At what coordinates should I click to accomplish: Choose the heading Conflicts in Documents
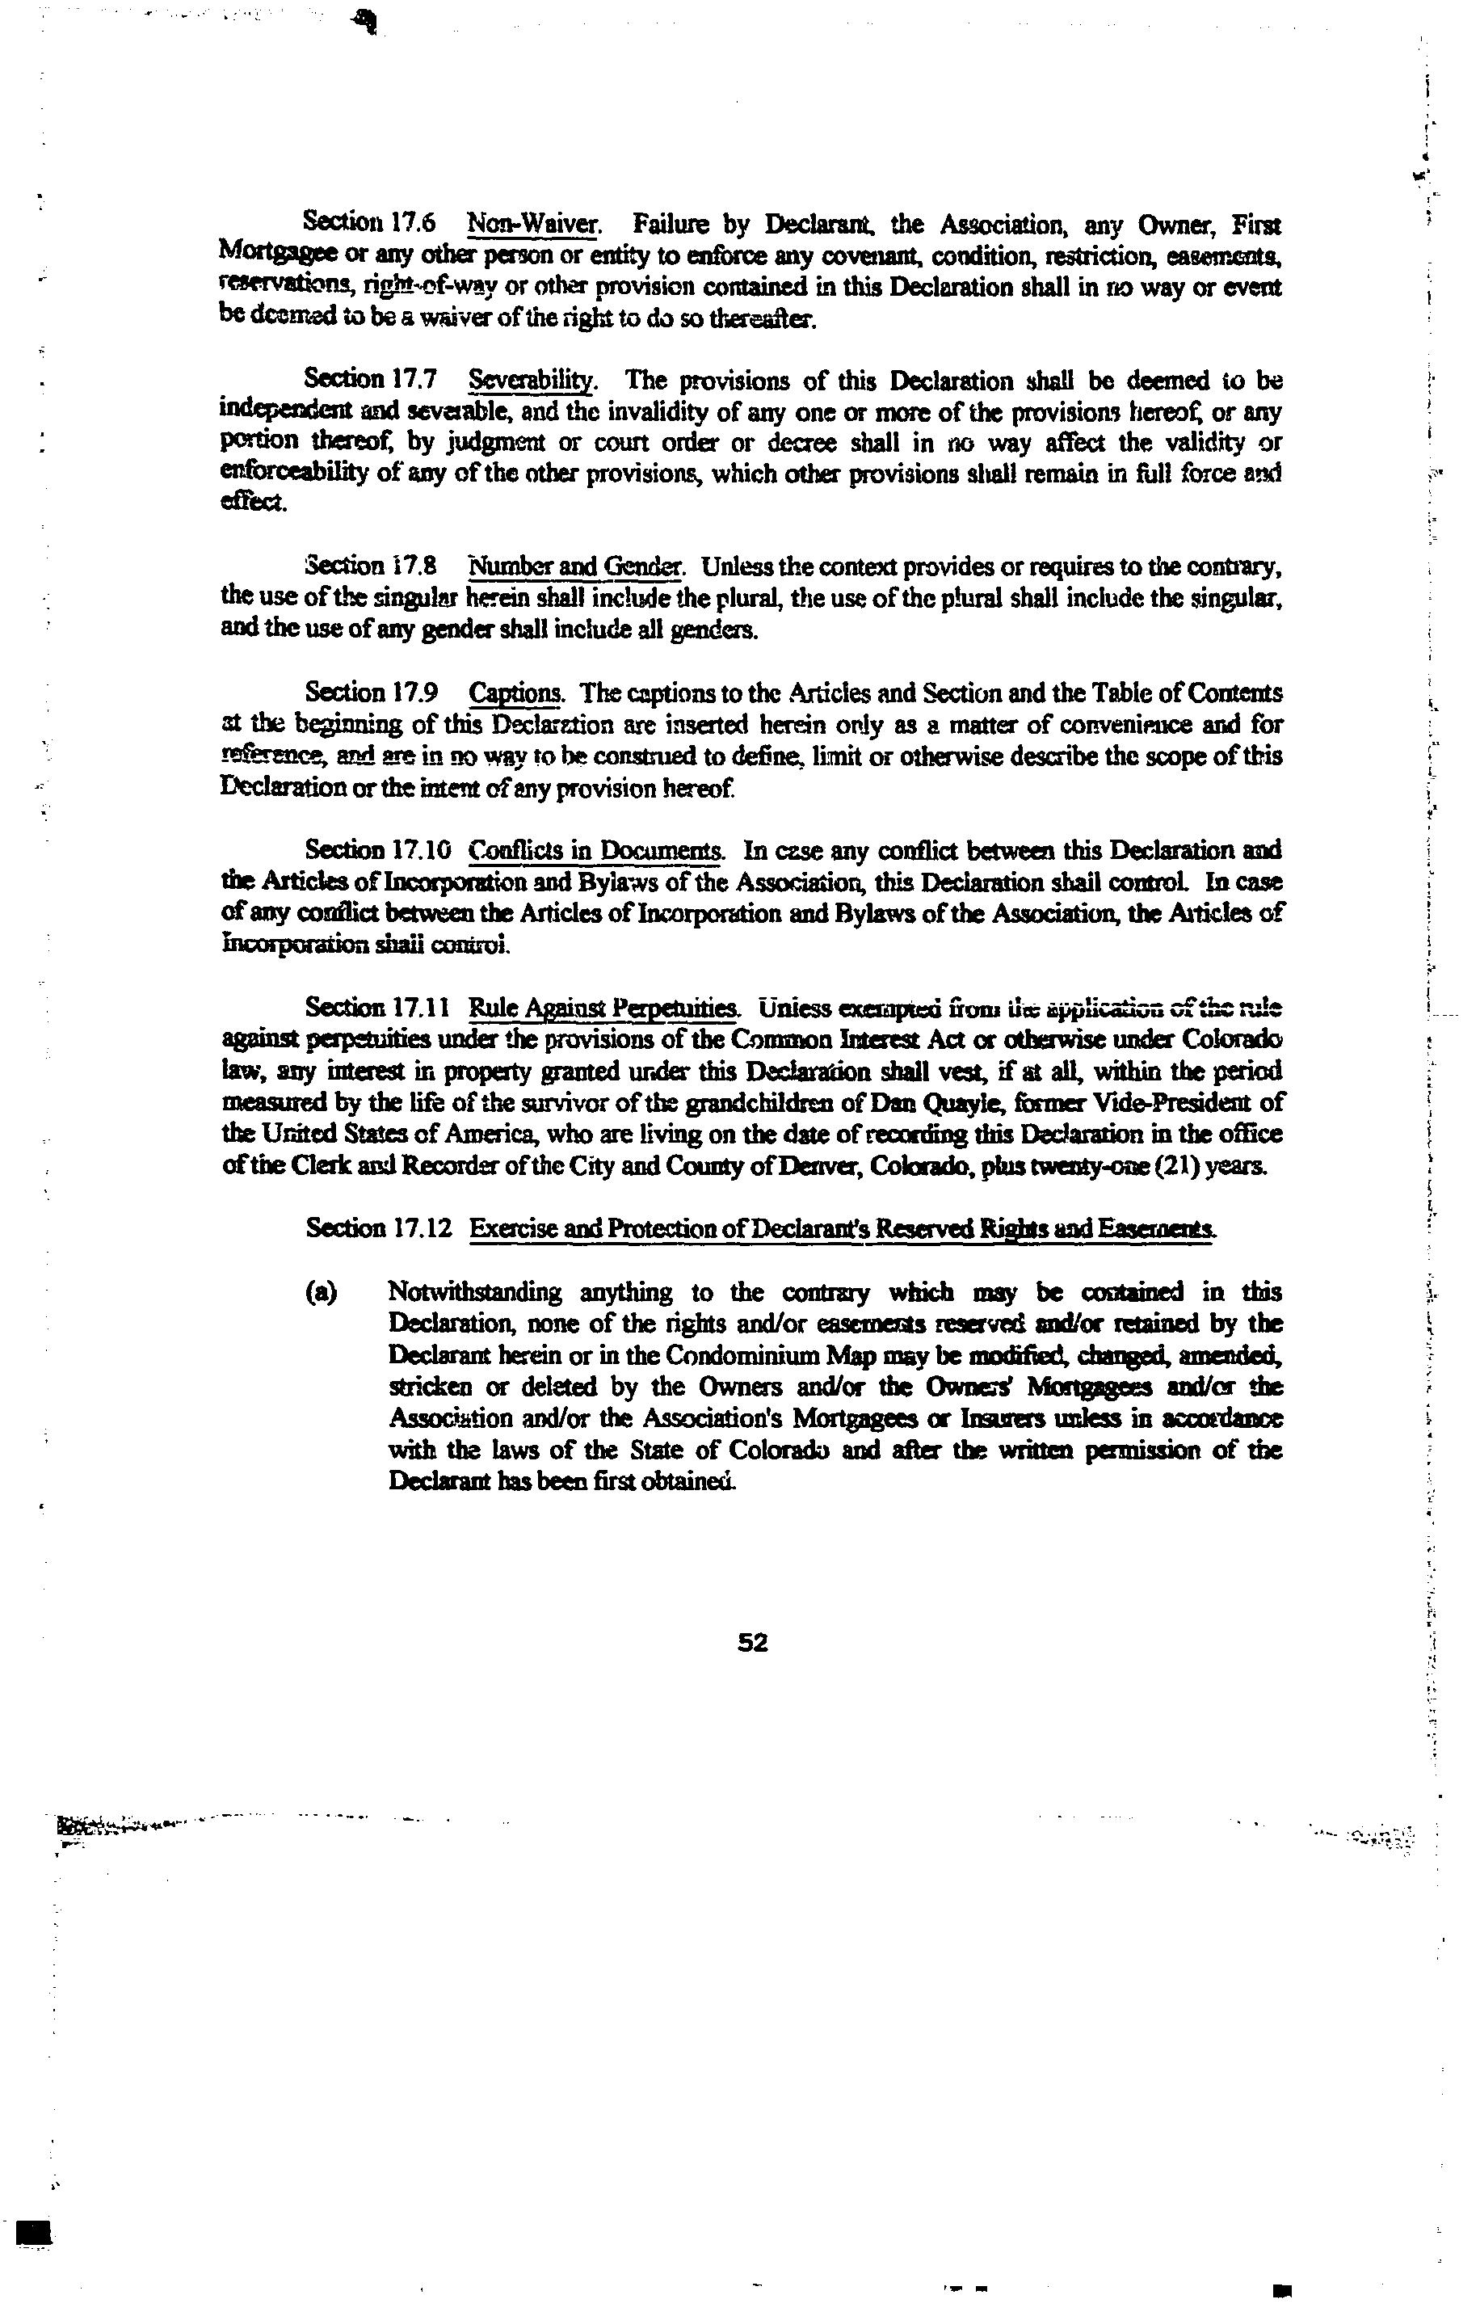point(596,850)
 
